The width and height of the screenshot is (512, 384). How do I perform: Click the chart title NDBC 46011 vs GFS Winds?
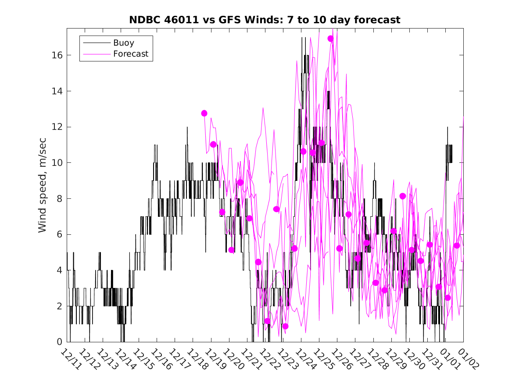coord(264,20)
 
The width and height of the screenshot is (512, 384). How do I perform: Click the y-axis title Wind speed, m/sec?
coord(42,185)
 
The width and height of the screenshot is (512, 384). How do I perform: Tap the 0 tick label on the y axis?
coord(59,342)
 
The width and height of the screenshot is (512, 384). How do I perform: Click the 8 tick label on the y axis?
coord(59,199)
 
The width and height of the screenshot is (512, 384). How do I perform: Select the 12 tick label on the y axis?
coord(57,127)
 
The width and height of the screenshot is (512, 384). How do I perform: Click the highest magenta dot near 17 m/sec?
coord(331,39)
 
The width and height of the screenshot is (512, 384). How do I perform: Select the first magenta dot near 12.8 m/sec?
coord(204,113)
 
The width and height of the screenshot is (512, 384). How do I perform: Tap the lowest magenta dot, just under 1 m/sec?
coord(285,326)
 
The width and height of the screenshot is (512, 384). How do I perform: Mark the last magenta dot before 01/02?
coord(457,245)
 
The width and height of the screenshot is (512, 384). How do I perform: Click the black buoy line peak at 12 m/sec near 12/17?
coord(187,127)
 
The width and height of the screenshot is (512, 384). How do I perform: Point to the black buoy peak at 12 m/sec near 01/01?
coord(448,127)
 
